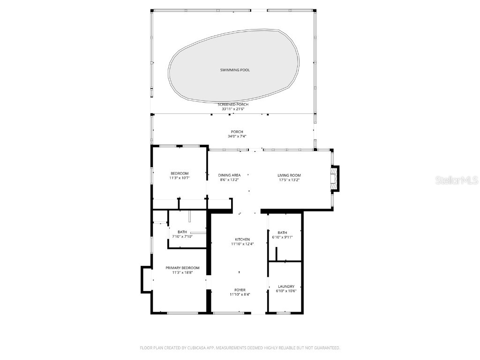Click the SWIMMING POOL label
[235, 70]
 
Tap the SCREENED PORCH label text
[233, 104]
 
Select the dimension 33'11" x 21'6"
[233, 109]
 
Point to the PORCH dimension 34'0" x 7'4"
[237, 136]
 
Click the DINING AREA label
[230, 175]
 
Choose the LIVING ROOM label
[289, 175]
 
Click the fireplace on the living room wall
[334, 179]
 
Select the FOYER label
[240, 290]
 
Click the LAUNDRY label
[286, 286]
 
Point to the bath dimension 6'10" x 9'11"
[282, 237]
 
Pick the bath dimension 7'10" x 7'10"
[182, 236]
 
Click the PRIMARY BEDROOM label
[182, 268]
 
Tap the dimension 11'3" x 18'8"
[182, 272]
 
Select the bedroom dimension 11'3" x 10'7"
[180, 178]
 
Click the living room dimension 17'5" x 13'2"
[289, 180]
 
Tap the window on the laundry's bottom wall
[284, 313]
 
